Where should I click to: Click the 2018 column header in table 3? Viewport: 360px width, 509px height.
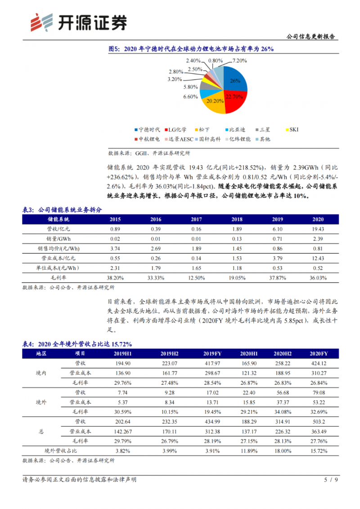[237, 219]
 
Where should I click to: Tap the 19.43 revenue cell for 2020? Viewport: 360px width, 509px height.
[318, 229]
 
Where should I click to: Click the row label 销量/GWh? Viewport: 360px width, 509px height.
[59, 239]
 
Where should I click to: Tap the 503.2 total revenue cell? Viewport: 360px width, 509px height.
[318, 421]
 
